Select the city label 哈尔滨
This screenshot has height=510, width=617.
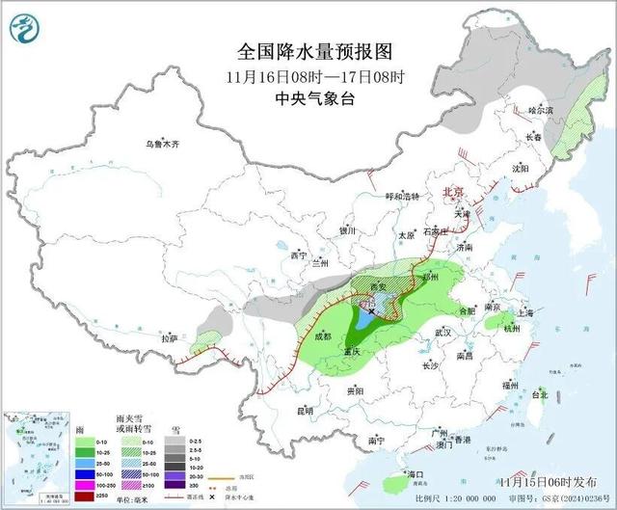(x=542, y=112)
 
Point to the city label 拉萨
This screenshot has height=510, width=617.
(x=170, y=338)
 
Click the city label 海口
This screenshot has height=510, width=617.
(x=416, y=475)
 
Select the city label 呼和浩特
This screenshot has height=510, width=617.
(x=403, y=196)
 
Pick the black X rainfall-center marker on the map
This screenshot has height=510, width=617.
(x=371, y=311)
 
